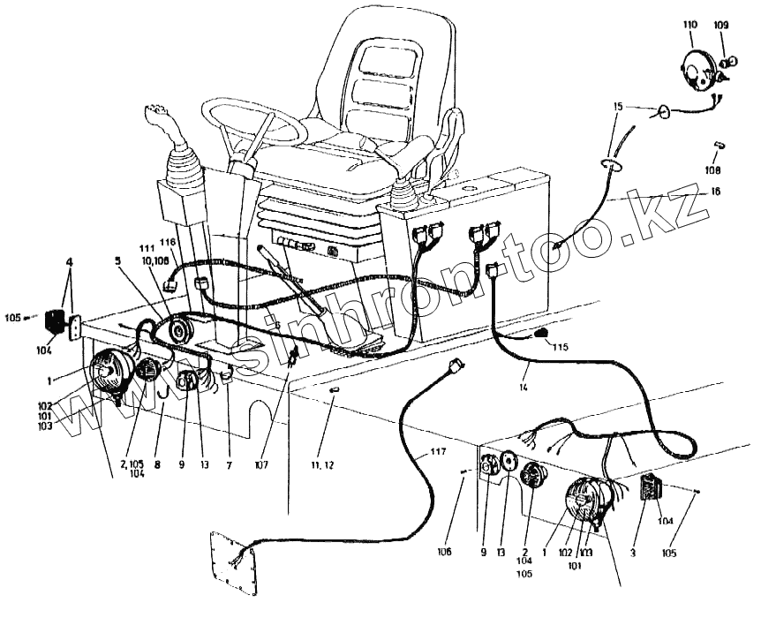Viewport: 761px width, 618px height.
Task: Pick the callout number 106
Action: point(443,552)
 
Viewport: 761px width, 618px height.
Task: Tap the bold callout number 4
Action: point(69,262)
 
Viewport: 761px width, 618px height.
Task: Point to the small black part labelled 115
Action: point(541,333)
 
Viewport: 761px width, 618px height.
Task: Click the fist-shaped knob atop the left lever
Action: point(158,113)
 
